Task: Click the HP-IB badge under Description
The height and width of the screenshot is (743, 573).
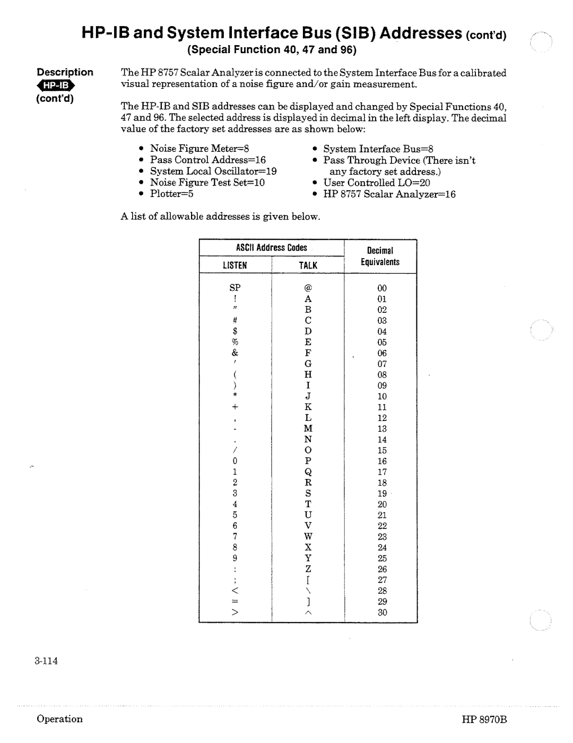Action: click(x=56, y=86)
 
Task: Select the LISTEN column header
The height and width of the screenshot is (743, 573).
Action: click(x=235, y=265)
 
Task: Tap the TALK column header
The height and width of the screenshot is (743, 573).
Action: click(x=308, y=265)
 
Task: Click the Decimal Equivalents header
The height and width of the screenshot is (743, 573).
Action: click(x=380, y=256)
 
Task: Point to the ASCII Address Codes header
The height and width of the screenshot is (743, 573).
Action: click(x=272, y=247)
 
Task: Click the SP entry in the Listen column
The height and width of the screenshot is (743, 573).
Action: click(x=235, y=287)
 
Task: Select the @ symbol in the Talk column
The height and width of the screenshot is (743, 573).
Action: click(x=308, y=287)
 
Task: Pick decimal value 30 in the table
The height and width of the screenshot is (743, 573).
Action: click(x=382, y=612)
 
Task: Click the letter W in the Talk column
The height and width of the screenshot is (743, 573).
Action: click(x=308, y=536)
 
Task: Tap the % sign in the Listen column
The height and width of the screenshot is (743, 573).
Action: click(x=235, y=342)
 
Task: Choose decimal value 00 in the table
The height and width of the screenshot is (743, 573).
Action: click(x=382, y=288)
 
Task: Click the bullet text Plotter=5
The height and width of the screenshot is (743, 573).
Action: click(x=171, y=194)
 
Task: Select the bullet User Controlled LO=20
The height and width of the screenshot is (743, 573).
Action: click(x=377, y=183)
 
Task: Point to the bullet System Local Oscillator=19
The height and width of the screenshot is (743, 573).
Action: click(x=213, y=171)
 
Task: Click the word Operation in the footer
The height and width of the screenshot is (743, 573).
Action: click(x=59, y=719)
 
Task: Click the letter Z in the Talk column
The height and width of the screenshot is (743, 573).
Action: click(x=308, y=569)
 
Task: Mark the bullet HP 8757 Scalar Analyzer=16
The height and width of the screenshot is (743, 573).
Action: click(x=389, y=194)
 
